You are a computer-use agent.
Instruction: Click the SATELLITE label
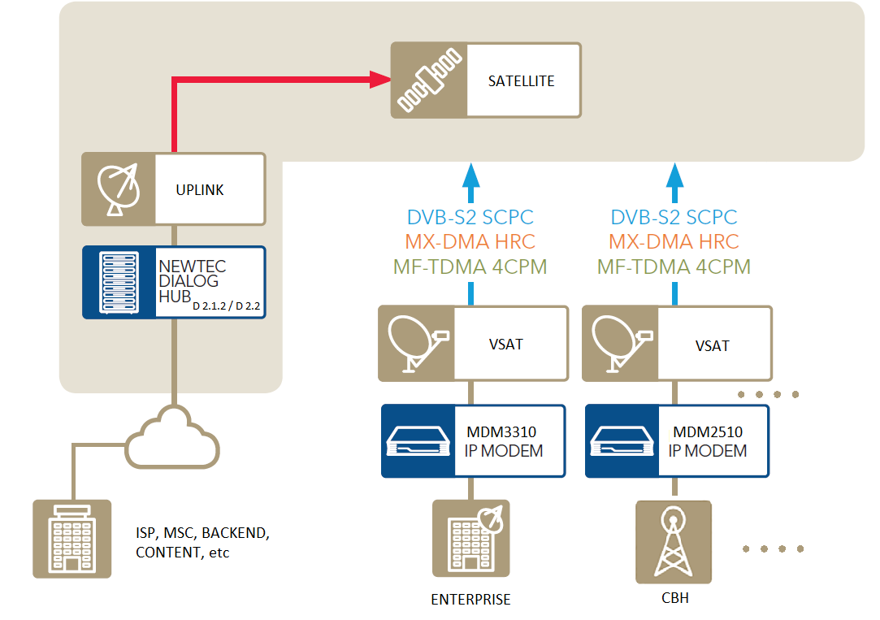click(521, 81)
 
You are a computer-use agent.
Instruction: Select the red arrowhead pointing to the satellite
click(379, 79)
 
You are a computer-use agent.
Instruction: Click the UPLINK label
click(200, 190)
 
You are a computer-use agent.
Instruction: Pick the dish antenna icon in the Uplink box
click(118, 189)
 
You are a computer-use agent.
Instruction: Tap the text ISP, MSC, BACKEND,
click(201, 534)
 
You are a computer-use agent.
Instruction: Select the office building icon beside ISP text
click(72, 539)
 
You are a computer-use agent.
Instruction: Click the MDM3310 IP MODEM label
click(503, 441)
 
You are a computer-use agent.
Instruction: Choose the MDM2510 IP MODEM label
click(707, 441)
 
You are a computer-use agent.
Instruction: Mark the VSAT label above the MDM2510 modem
click(712, 345)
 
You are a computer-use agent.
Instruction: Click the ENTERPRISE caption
click(470, 600)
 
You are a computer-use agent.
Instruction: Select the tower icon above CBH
click(673, 541)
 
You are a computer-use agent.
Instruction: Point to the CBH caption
click(674, 599)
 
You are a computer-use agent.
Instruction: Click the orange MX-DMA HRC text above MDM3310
click(470, 241)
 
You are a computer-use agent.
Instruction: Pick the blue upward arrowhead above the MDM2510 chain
click(674, 175)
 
